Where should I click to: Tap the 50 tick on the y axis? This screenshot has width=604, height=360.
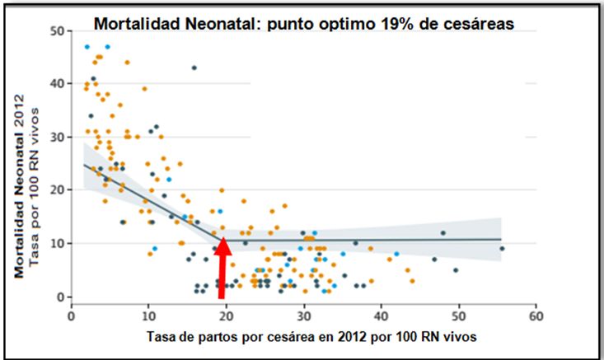click(58, 30)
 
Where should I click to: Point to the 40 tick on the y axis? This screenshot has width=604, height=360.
click(58, 84)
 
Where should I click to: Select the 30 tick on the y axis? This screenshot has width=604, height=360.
click(58, 137)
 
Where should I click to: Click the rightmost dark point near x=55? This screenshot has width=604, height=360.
click(502, 248)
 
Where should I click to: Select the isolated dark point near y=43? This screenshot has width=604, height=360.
click(194, 68)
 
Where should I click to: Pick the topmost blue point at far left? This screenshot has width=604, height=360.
click(87, 47)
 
